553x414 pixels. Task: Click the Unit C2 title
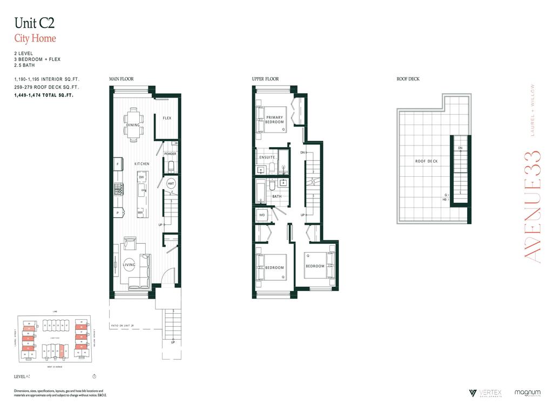pos(34,23)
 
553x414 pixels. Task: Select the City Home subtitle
pos(35,38)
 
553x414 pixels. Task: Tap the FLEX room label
pos(167,118)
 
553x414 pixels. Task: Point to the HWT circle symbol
pos(171,184)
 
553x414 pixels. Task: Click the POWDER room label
pos(170,154)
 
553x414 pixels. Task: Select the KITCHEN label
pos(142,163)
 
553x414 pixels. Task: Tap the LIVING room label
pos(129,265)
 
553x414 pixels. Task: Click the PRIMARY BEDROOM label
pos(274,120)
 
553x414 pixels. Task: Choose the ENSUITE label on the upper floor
pos(267,157)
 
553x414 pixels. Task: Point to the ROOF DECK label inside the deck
pos(426,161)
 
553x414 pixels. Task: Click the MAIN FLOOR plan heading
pos(122,79)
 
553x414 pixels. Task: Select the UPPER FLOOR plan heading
pos(265,79)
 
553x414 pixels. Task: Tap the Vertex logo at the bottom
pos(482,394)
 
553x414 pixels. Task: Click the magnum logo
pos(528,393)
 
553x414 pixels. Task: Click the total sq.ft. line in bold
pos(44,95)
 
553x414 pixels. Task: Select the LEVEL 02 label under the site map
pos(24,376)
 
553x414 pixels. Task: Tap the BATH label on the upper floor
pos(276,197)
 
